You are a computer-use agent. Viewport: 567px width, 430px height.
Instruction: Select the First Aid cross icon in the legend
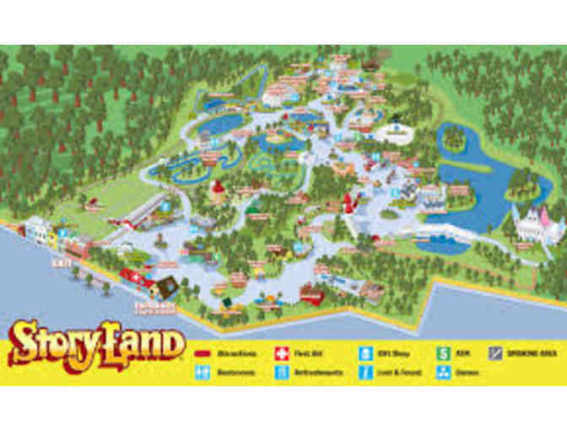[x=280, y=352]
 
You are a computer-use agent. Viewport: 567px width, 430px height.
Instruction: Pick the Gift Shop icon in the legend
[x=367, y=352]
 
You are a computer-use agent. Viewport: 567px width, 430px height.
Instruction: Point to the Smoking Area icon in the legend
[x=495, y=352]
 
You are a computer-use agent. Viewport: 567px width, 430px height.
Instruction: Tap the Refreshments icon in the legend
[x=280, y=371]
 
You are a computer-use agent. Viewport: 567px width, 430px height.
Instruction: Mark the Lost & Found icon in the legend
[x=367, y=371]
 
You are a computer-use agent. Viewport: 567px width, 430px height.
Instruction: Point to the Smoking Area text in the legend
[x=526, y=352]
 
